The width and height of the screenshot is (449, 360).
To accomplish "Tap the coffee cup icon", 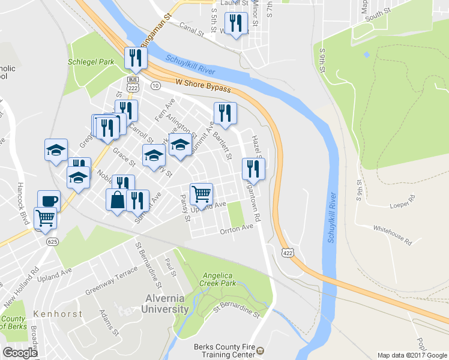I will tap(49, 200).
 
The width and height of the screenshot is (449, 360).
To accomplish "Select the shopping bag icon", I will tap(117, 200).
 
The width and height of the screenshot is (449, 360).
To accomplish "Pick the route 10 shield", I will tap(155, 86).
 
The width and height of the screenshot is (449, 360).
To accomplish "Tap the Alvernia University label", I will tap(165, 304).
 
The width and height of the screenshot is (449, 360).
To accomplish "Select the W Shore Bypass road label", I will tap(203, 85).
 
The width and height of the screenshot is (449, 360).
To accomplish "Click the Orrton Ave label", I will tap(237, 229).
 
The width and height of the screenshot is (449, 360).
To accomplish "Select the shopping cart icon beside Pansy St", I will tap(201, 193).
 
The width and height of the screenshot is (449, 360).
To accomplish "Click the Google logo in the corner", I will tap(20, 353).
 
